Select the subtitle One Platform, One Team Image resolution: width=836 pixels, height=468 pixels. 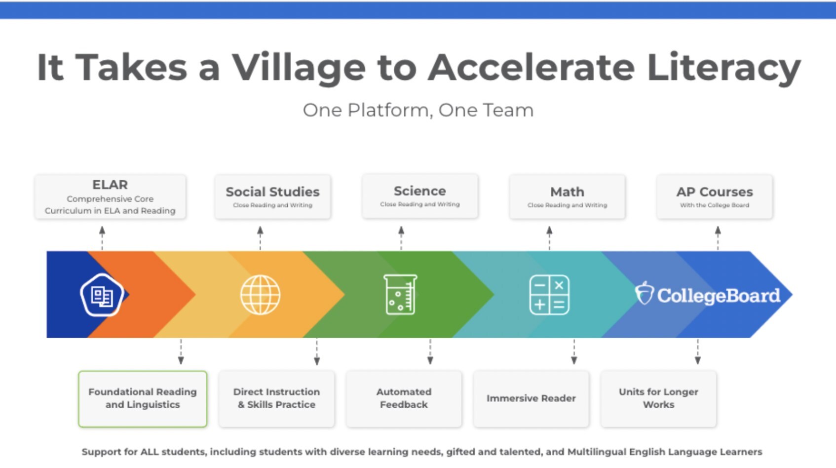coord(418,110)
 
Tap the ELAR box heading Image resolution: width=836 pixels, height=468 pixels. coord(110,184)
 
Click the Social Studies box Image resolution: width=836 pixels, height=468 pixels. coord(272,196)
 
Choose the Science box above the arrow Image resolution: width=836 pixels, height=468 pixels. coord(420,196)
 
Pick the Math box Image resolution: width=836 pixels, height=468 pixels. coord(568,196)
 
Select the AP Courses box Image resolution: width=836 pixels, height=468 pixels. coord(714,196)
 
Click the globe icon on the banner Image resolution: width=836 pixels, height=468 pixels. coord(260,295)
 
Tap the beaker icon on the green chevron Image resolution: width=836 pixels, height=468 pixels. coord(400,294)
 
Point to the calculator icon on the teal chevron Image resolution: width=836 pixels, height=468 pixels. coord(549,295)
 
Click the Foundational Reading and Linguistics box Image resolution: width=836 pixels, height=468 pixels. coord(143,398)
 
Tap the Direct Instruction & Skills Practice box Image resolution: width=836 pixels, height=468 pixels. coord(276,398)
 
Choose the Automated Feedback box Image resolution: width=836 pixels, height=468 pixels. coord(404,398)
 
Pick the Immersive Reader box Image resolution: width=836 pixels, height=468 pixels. coord(531,398)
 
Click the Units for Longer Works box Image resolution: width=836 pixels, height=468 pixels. coord(658,398)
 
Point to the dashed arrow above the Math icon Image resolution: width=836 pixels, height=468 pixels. coord(549,238)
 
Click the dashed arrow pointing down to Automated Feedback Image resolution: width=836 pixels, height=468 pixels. coord(430,351)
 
